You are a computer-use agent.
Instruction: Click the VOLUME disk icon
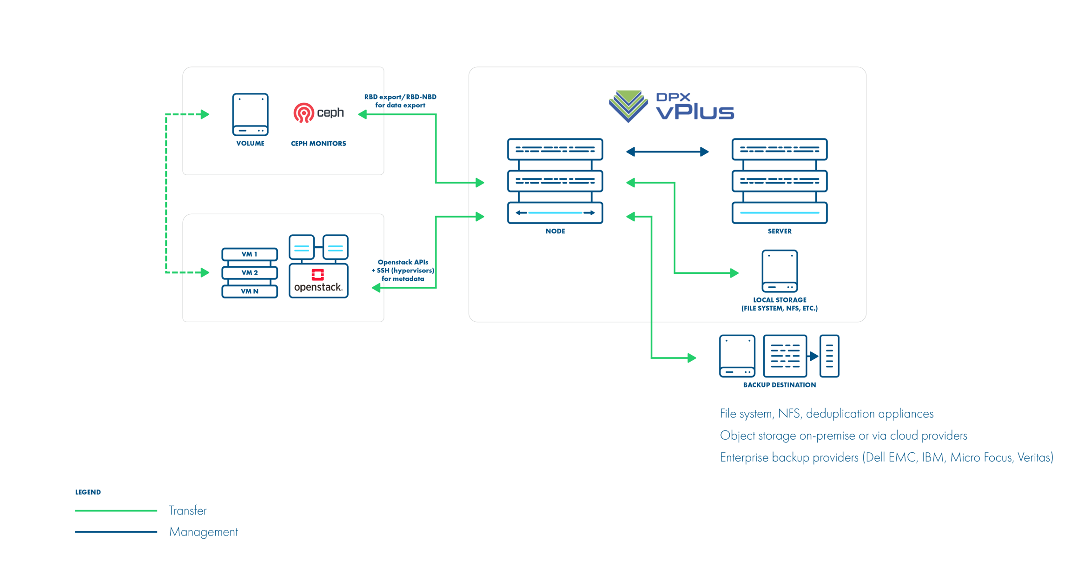point(250,114)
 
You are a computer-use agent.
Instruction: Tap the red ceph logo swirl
point(304,113)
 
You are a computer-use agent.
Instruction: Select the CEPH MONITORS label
point(318,144)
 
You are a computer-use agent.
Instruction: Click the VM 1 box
point(250,254)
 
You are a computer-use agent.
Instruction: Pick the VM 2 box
point(250,273)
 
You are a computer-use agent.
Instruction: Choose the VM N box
point(250,291)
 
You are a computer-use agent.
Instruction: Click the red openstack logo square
point(318,275)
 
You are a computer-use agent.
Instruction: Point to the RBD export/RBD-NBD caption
point(400,101)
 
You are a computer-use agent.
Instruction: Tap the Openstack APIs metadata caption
point(403,271)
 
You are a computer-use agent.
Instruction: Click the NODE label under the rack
point(555,231)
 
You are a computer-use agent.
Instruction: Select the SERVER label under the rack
point(780,231)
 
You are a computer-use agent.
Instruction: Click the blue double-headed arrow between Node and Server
point(667,152)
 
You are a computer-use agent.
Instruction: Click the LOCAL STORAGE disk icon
point(780,271)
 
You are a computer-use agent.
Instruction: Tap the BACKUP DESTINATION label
point(780,385)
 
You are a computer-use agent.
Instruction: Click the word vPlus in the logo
point(695,112)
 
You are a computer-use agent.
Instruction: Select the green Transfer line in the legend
point(116,510)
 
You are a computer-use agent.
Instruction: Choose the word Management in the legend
point(204,532)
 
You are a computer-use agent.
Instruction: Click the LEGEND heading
point(88,492)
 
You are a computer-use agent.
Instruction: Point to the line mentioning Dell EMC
point(886,457)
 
